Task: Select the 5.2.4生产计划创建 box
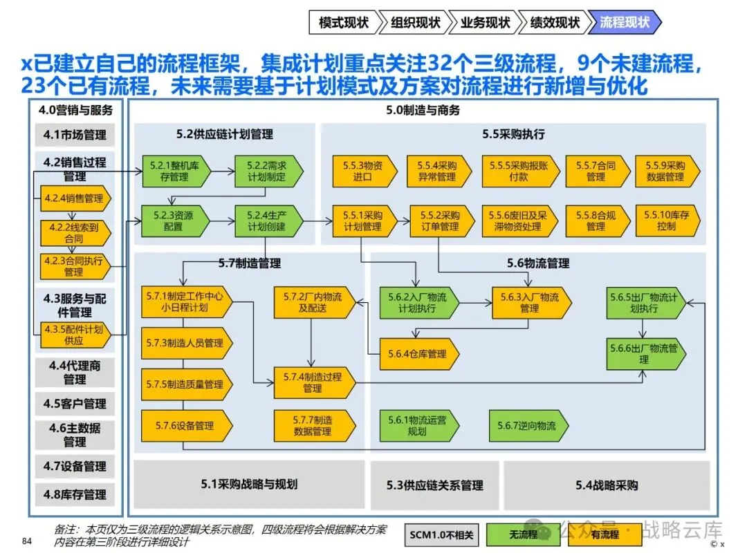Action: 268,221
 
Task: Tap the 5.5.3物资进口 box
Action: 365,171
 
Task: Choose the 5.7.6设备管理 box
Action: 187,426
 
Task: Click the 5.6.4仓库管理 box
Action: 419,354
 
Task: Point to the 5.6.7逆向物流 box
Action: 529,426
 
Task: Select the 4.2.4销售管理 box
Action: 75,198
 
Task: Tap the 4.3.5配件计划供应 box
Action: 75,335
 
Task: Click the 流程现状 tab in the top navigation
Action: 625,22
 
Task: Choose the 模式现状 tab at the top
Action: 344,22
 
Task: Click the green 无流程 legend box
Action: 523,534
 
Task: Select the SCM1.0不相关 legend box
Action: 441,534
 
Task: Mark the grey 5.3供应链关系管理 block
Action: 434,485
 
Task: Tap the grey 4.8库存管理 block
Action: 75,495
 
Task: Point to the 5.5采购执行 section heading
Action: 513,134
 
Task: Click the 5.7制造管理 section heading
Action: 250,263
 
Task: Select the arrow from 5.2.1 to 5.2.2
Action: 223,171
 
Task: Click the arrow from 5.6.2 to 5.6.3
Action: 475,303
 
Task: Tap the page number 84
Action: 27,541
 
